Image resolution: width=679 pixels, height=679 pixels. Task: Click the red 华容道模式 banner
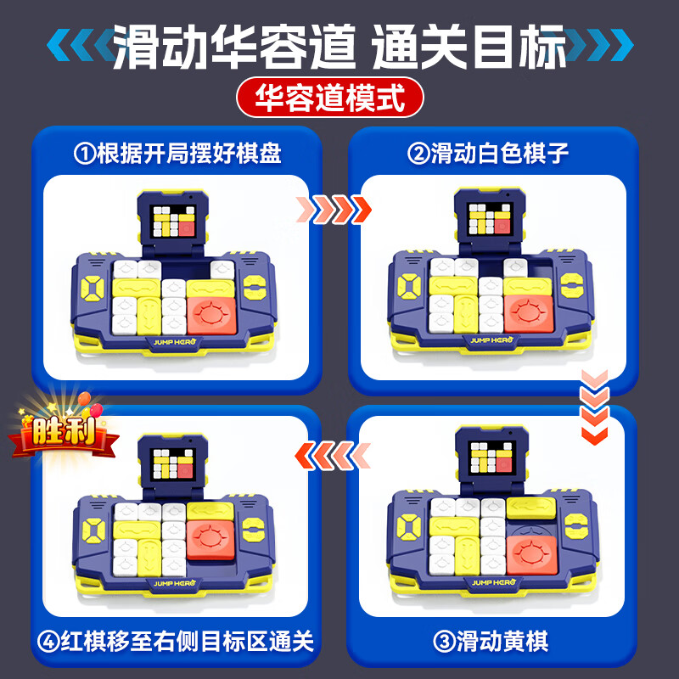[339, 98]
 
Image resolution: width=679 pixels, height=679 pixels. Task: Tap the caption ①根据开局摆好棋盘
[177, 154]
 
